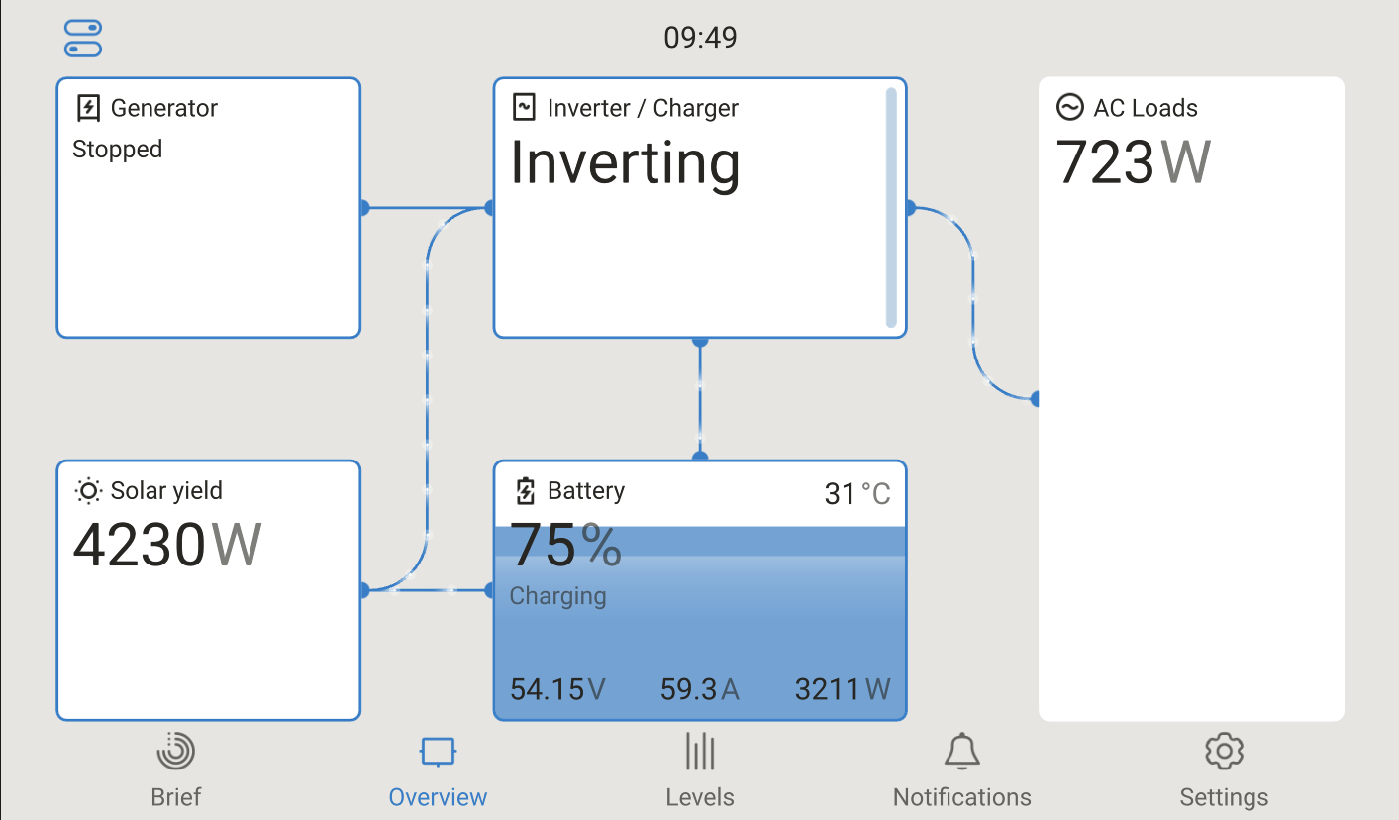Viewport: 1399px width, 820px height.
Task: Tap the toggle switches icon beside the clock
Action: [83, 38]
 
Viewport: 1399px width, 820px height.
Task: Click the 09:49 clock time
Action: [700, 38]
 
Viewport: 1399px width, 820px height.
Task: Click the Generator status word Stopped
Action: [118, 150]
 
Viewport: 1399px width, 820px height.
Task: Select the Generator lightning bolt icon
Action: [88, 107]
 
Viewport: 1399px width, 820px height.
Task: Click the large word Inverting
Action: [625, 164]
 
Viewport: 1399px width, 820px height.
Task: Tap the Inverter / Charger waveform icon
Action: [524, 107]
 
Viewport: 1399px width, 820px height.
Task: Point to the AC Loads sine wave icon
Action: [1070, 107]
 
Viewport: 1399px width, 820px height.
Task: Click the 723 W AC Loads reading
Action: [1133, 162]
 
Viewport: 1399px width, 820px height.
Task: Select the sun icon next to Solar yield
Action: [88, 491]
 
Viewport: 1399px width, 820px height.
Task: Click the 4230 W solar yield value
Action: [167, 546]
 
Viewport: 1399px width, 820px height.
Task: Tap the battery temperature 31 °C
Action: [857, 494]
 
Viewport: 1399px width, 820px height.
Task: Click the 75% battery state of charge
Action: [566, 546]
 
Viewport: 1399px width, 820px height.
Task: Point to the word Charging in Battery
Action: [557, 596]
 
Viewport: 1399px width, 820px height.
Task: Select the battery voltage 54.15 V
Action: [557, 689]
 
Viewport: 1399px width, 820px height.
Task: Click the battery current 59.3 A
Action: [699, 689]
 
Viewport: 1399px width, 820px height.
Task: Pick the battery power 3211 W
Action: [843, 689]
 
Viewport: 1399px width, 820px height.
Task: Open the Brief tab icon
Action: [176, 751]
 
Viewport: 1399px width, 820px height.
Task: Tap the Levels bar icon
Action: [700, 751]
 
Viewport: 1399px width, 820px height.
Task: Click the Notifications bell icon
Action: [961, 751]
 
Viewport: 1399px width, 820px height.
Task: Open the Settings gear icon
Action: [1224, 751]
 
